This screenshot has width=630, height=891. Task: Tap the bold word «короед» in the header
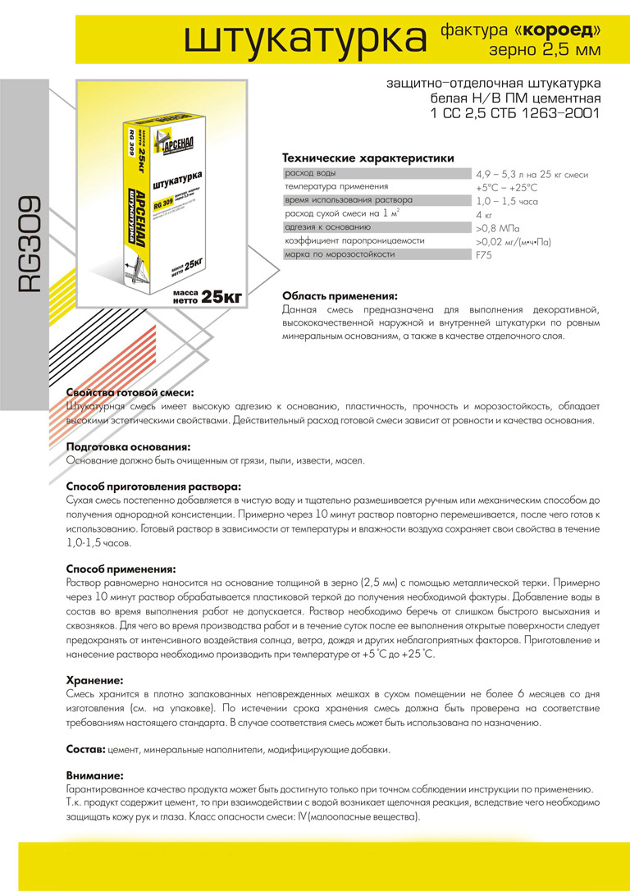(560, 29)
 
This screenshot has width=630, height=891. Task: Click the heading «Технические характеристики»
(367, 158)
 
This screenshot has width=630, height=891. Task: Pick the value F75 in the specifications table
(484, 255)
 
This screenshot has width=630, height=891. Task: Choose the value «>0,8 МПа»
(499, 228)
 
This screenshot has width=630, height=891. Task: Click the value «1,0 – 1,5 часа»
(506, 201)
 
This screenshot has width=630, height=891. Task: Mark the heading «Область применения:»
(340, 295)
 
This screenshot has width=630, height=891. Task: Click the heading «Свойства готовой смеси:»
(130, 393)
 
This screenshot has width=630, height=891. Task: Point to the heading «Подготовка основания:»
(128, 446)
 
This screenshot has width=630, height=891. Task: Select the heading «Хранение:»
(94, 680)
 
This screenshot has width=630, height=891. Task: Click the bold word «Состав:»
(84, 750)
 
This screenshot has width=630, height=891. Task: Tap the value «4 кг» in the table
(484, 215)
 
